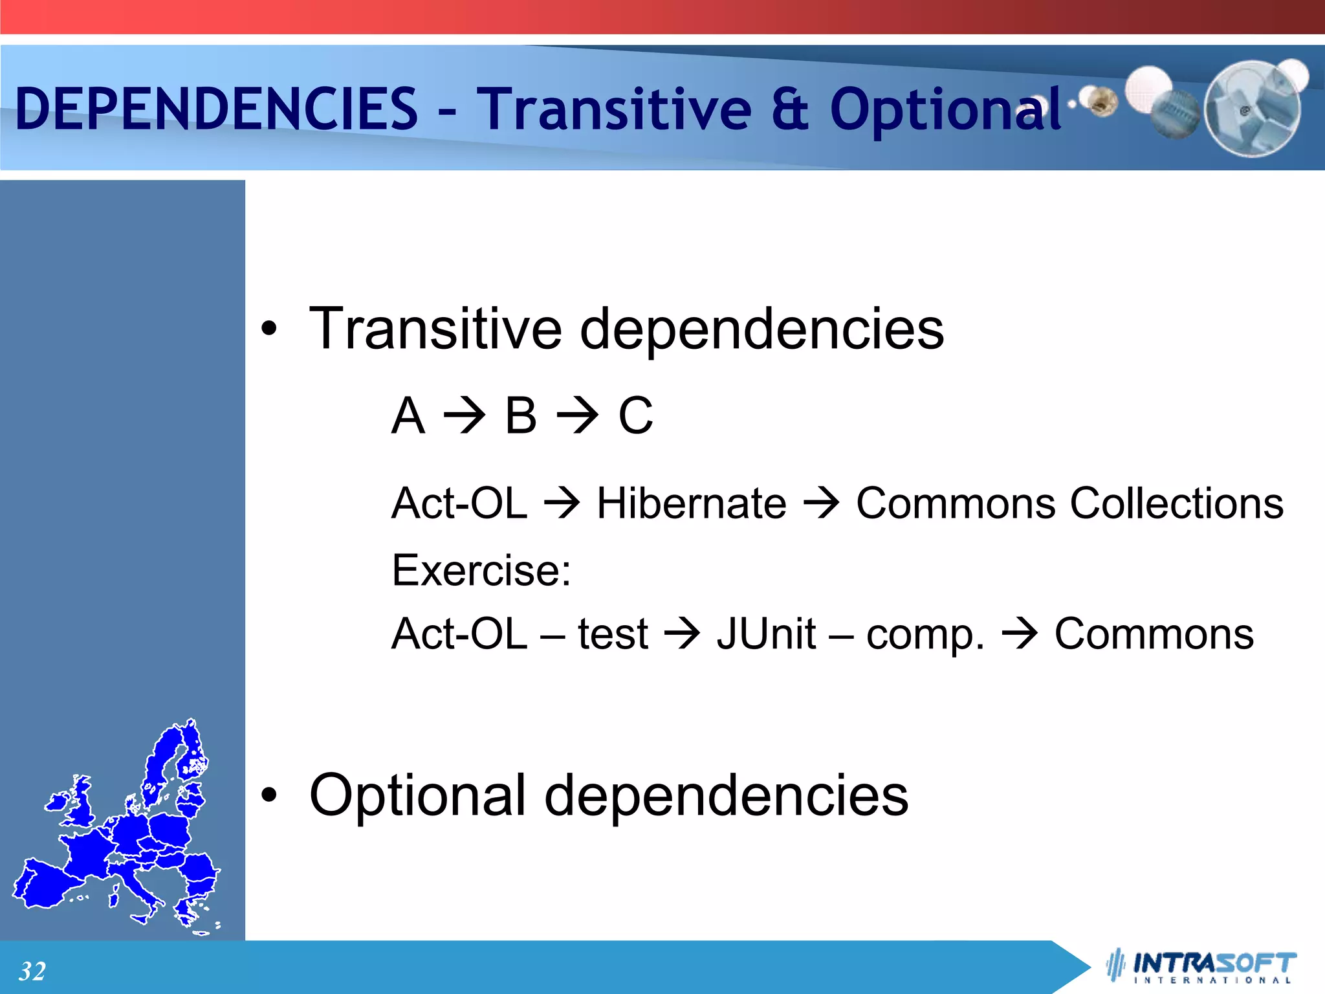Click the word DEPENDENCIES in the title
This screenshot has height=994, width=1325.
click(217, 109)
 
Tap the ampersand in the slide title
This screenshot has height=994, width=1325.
click(789, 109)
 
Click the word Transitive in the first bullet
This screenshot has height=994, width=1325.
click(435, 329)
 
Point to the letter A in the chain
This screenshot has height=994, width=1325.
click(408, 415)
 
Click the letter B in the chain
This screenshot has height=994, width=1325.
click(521, 415)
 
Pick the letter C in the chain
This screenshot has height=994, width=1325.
click(635, 415)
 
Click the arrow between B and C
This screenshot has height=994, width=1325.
click(578, 415)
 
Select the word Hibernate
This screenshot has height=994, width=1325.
click(691, 503)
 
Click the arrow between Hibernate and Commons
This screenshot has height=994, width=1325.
click(821, 503)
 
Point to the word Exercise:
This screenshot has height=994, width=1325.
click(481, 571)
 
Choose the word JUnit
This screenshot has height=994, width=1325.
click(766, 634)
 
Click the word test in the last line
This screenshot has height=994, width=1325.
click(613, 634)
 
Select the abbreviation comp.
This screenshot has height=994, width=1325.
click(925, 635)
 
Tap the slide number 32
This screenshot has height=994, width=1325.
click(32, 971)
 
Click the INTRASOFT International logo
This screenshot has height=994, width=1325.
click(1203, 966)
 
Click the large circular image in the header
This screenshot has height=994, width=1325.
click(1252, 109)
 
